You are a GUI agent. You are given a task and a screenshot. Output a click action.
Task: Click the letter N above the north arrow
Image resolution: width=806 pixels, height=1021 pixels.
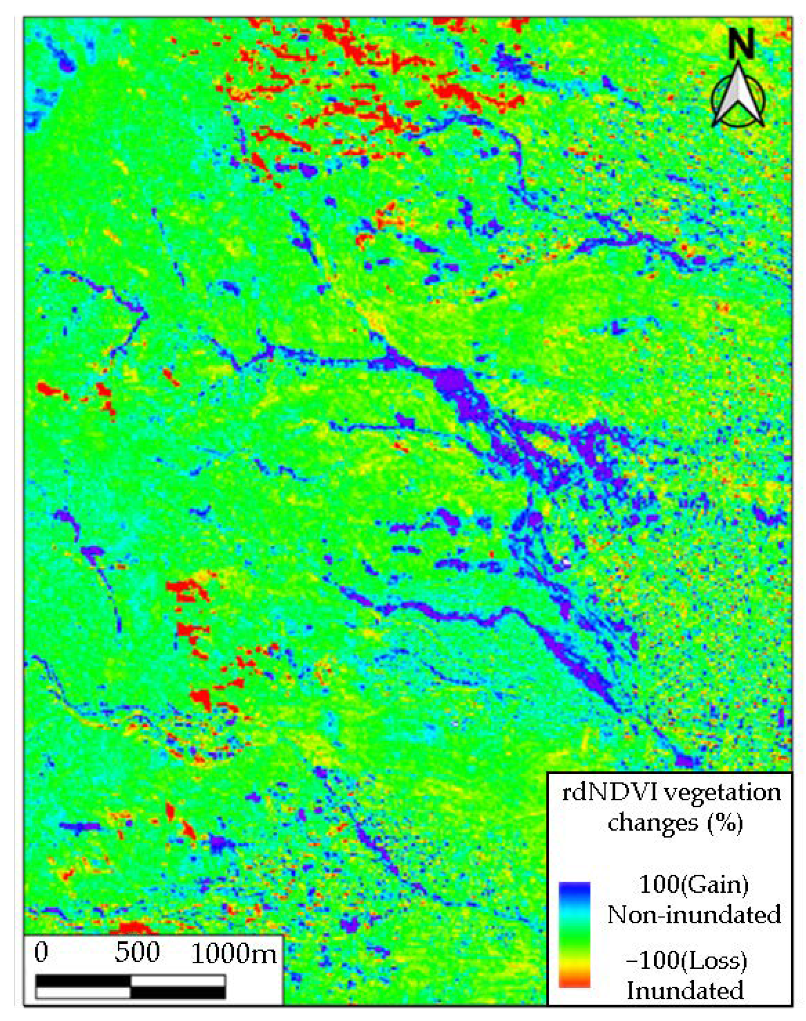(740, 44)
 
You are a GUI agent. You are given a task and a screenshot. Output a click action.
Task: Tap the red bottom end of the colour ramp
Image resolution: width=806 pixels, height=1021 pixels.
(575, 982)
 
